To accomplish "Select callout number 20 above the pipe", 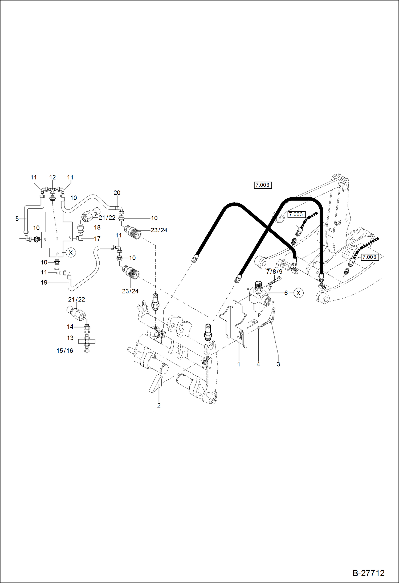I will point(117,193).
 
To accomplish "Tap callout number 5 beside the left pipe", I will point(17,219).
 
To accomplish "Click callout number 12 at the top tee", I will point(52,177).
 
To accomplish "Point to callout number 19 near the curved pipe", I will point(44,282).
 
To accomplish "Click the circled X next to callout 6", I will point(298,293).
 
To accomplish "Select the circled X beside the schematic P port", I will point(71,252).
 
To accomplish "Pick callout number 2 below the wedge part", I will point(159,405).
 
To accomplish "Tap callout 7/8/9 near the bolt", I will point(274,272).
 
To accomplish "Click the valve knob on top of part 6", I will point(258,284).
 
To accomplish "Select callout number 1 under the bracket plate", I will point(239,364).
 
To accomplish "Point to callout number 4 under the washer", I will point(258,364).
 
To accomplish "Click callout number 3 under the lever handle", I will point(278,364).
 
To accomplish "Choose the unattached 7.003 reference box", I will point(263,185).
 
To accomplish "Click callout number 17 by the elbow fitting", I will point(97,239).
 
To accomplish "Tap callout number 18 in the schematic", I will point(97,227).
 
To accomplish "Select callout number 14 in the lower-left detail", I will point(70,327).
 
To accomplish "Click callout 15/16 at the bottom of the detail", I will point(65,351).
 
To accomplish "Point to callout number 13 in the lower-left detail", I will point(70,338).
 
